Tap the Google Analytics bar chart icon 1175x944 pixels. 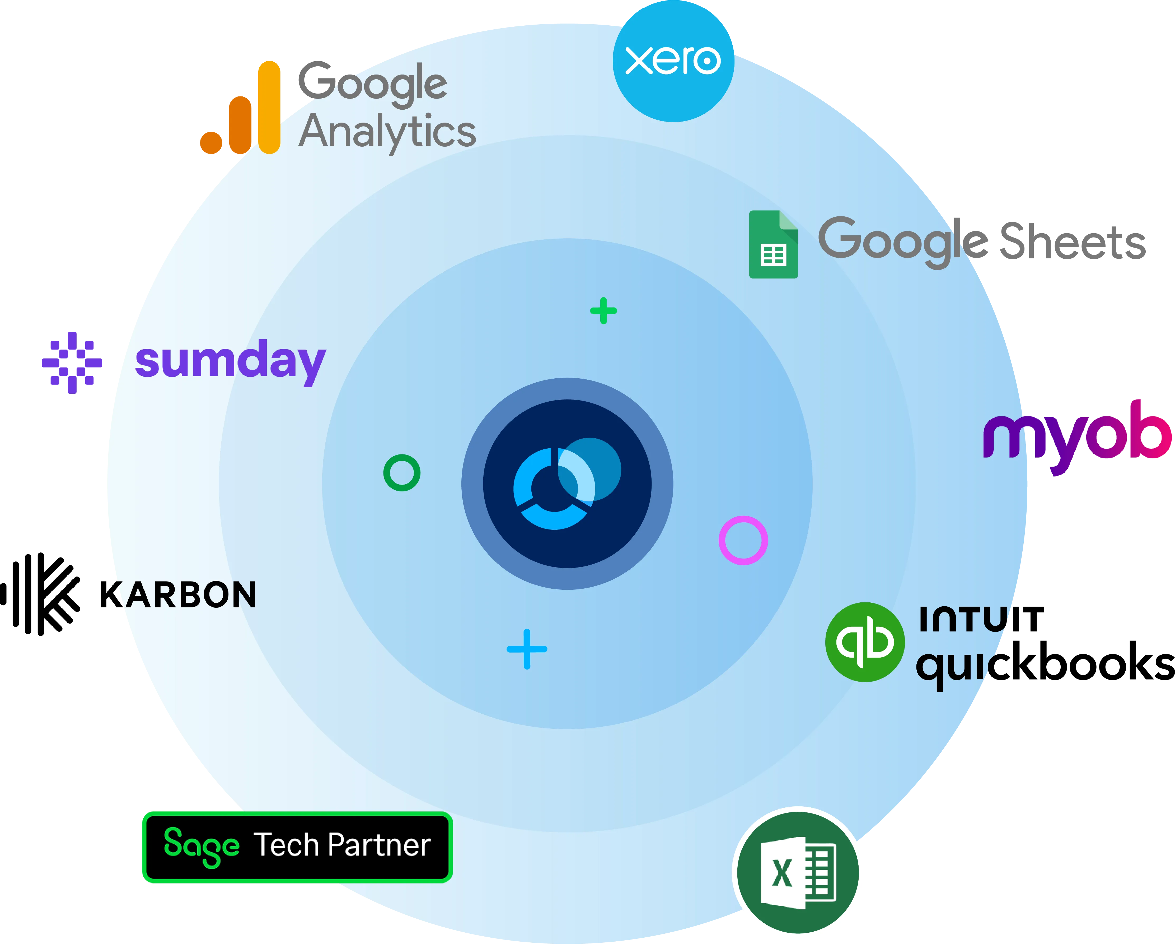pos(240,108)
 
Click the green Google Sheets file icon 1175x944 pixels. pos(773,244)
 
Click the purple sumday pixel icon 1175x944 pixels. pos(72,363)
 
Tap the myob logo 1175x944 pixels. pos(1078,437)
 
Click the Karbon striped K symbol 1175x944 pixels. pos(40,594)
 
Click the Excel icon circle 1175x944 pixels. pos(798,873)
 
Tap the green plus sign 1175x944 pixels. pos(603,311)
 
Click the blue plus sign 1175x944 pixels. pos(526,649)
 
